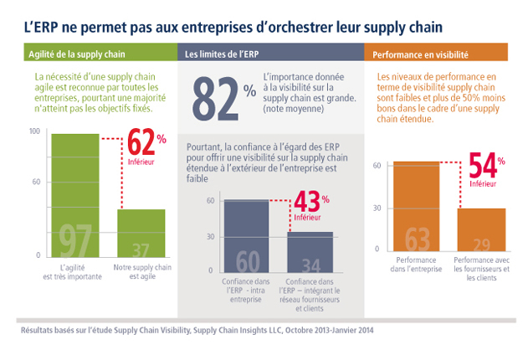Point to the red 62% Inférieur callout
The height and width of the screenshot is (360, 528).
(x=147, y=149)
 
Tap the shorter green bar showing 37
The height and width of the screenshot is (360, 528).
(x=141, y=232)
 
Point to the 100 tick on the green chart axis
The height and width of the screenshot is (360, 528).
(x=34, y=131)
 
